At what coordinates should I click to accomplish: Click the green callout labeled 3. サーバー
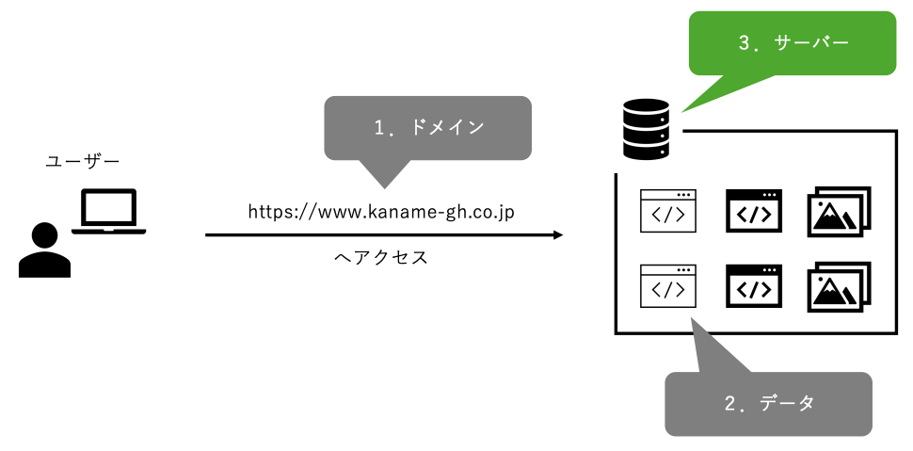[793, 42]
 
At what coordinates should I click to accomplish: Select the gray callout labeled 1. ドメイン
[427, 127]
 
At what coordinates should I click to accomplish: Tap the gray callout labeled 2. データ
[768, 403]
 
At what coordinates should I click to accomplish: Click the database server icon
[646, 129]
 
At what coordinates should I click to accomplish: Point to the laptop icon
[109, 212]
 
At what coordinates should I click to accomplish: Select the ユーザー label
[83, 162]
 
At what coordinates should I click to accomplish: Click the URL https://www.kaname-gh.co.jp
[380, 211]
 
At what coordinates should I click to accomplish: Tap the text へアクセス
[381, 257]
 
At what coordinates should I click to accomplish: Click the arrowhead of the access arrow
[557, 234]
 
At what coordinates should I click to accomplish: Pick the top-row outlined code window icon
[668, 211]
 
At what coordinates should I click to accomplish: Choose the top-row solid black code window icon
[753, 211]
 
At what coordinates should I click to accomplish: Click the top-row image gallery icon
[839, 211]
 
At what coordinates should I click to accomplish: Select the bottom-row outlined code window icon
[668, 286]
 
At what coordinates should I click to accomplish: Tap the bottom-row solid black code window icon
[753, 286]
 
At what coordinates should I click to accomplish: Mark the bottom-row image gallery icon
[839, 286]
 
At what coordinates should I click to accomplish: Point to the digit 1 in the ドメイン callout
[378, 128]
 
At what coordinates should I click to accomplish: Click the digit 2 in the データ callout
[730, 404]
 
